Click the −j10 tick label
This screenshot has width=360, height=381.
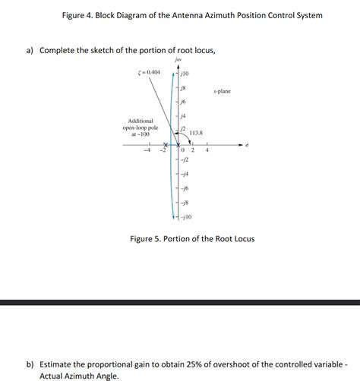pos(187,217)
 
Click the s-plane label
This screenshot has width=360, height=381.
pos(222,91)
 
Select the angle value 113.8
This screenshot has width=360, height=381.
pos(195,134)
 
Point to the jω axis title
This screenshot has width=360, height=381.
pos(179,58)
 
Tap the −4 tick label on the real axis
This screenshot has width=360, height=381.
pos(149,150)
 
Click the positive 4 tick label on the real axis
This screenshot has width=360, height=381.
pos(207,150)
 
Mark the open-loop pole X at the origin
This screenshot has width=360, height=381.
pos(178,144)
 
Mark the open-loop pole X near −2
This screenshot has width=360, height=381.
pos(164,143)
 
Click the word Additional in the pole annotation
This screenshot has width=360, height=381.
pos(141,121)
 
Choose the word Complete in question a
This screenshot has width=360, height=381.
pos(61,50)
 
